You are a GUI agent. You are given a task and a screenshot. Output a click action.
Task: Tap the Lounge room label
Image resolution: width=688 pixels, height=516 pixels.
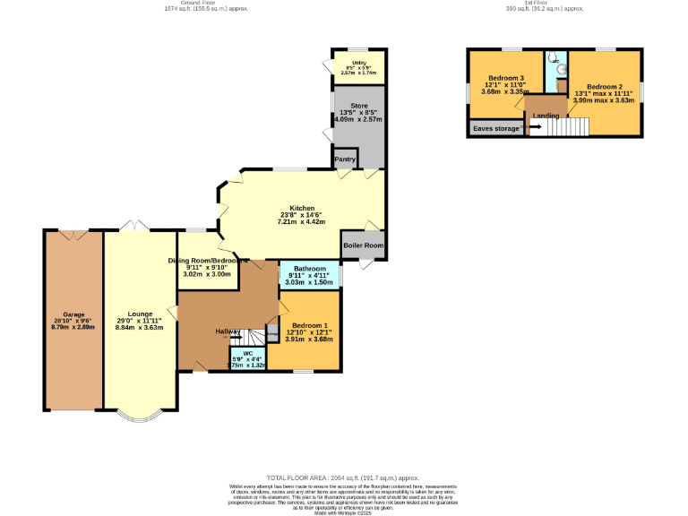140,314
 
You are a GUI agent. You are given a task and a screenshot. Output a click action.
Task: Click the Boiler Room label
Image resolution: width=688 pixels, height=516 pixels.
363,245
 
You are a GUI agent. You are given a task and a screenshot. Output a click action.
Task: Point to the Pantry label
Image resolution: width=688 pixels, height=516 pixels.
345,160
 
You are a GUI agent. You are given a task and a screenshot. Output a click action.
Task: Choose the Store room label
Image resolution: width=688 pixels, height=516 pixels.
346,103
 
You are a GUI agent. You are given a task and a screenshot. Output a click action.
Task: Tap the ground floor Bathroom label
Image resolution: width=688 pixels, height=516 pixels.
309,269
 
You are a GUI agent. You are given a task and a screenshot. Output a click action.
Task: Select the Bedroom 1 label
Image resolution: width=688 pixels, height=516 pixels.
308,325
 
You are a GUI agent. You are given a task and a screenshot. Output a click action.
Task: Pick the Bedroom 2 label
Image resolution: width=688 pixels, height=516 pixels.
605,87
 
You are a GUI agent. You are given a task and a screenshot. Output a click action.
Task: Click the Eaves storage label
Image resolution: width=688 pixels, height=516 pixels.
494,129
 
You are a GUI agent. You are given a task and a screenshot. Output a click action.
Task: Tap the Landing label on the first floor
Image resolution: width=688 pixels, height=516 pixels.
546,116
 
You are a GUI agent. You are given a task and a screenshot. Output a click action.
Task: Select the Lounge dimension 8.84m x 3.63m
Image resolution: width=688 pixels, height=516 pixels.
140,328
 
